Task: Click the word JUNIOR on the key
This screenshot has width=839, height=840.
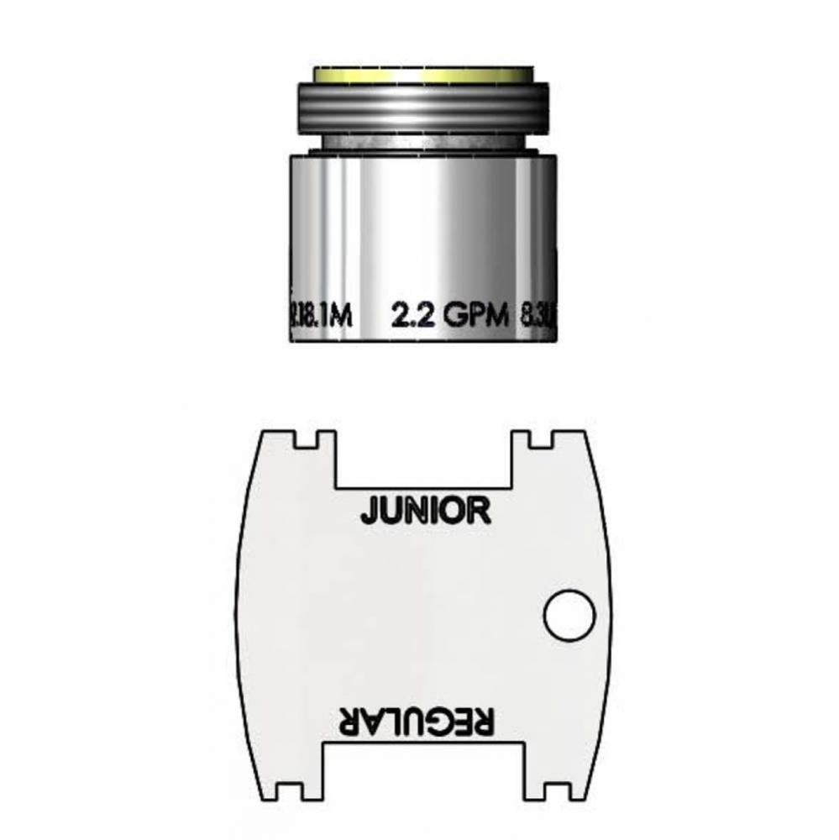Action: pyautogui.click(x=425, y=510)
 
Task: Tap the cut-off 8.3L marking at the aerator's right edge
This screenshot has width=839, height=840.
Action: pyautogui.click(x=538, y=317)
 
